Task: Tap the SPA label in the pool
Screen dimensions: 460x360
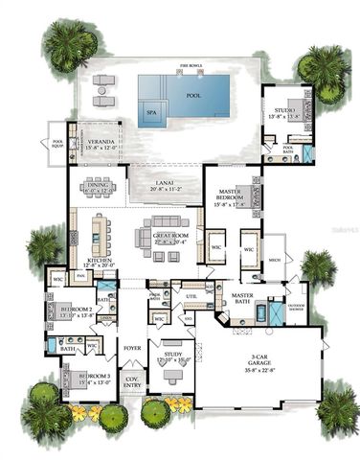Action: pos(150,111)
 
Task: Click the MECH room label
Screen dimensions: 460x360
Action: pos(274,259)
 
